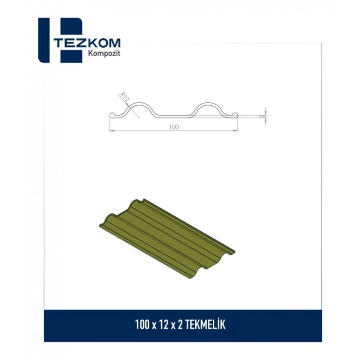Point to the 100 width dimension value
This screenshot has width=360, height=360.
point(174,127)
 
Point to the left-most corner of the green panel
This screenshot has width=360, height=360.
point(98,223)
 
